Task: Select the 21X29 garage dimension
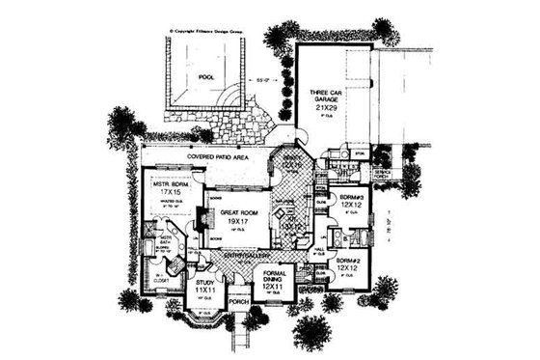tap(326, 111)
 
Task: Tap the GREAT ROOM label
tap(236, 211)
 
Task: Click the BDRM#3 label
tap(350, 195)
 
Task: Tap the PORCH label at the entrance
tap(240, 301)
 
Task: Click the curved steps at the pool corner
tap(232, 97)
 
